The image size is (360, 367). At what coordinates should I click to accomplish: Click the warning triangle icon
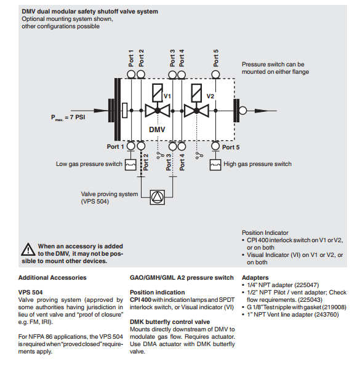coord(28,250)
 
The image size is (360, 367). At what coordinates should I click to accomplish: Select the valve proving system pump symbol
coord(158,197)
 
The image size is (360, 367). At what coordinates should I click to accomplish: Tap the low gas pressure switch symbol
coord(130,165)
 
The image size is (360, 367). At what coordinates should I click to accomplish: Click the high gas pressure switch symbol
coord(215,165)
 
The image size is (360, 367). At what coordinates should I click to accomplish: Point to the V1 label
coord(167,96)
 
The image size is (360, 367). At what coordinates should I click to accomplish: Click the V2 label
coord(210,96)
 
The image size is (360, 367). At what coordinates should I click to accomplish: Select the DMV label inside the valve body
coord(157,130)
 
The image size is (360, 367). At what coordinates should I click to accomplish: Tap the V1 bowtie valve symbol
coord(158,111)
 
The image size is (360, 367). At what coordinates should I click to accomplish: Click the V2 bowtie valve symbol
coord(196,111)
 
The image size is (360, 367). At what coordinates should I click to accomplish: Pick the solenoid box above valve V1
coord(158,93)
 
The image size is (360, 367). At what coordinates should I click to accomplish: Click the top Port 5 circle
coord(215,75)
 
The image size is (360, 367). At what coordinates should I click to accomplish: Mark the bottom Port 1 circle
coord(131,146)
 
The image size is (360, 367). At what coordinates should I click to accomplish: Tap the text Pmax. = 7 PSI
coord(68,117)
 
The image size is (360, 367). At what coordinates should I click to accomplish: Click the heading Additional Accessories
coord(52,278)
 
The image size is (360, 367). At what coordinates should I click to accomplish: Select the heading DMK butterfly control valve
coord(170,322)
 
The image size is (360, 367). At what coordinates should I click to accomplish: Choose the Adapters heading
coord(255,278)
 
